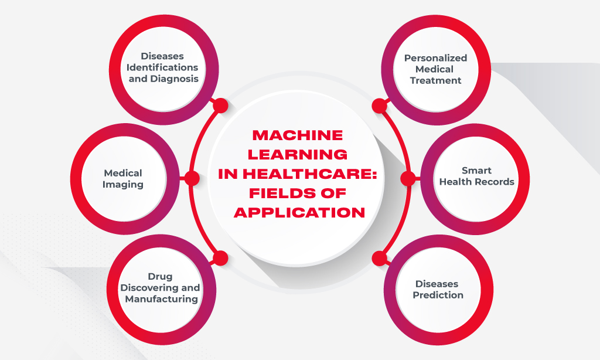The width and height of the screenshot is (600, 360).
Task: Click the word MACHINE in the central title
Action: click(297, 135)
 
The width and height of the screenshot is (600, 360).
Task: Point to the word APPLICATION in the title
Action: click(299, 212)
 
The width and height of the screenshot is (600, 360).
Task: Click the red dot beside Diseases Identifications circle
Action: click(220, 106)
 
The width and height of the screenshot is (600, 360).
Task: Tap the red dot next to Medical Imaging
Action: click(192, 178)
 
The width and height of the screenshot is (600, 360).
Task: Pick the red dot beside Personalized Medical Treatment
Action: click(380, 106)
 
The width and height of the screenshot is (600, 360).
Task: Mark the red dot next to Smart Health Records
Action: click(408, 178)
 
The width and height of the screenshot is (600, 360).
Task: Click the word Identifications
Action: click(162, 67)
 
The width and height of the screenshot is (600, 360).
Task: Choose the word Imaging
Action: click(123, 184)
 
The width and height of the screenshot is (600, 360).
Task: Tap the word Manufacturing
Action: click(161, 298)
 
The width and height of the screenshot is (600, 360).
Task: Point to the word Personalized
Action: click(435, 58)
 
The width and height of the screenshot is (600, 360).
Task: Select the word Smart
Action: click(476, 171)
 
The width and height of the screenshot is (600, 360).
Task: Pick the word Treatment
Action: click(436, 80)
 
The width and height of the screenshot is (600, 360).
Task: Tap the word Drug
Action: click(160, 276)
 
